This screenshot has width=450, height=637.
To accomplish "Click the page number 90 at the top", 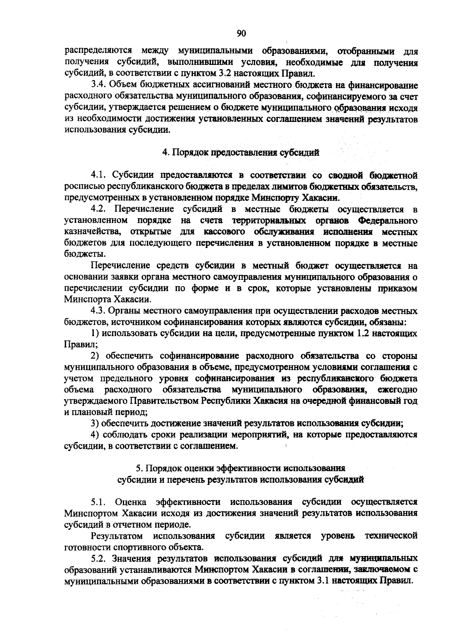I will [x=241, y=33].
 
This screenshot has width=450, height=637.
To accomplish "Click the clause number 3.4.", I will [x=99, y=85].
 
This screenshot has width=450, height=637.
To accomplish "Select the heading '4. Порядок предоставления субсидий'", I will [x=240, y=153].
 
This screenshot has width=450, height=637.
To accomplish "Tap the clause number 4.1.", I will [x=99, y=174].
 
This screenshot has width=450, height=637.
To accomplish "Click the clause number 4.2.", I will [x=99, y=209].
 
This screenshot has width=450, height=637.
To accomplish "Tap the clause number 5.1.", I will [x=99, y=502].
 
